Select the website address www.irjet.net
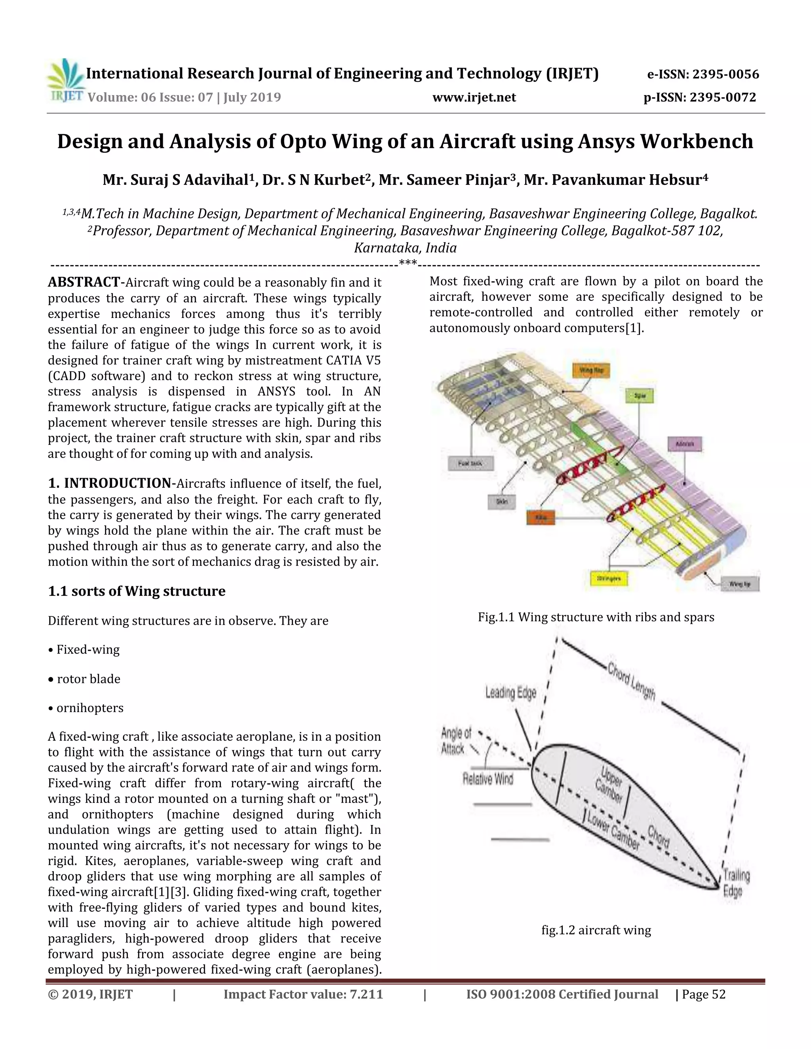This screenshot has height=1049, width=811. coord(474,97)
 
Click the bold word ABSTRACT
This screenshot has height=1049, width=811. coord(84,282)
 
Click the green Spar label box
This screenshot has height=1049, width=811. coord(640,396)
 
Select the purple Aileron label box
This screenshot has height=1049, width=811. coord(685,444)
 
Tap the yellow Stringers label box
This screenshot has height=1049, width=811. coord(608,579)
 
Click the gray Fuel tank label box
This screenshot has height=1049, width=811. coord(470,464)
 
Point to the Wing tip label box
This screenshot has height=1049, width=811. coord(740,584)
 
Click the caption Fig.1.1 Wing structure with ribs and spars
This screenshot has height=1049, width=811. coord(596,617)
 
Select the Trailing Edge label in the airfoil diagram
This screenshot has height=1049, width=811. coord(736,883)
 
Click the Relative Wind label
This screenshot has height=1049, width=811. coord(487,779)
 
